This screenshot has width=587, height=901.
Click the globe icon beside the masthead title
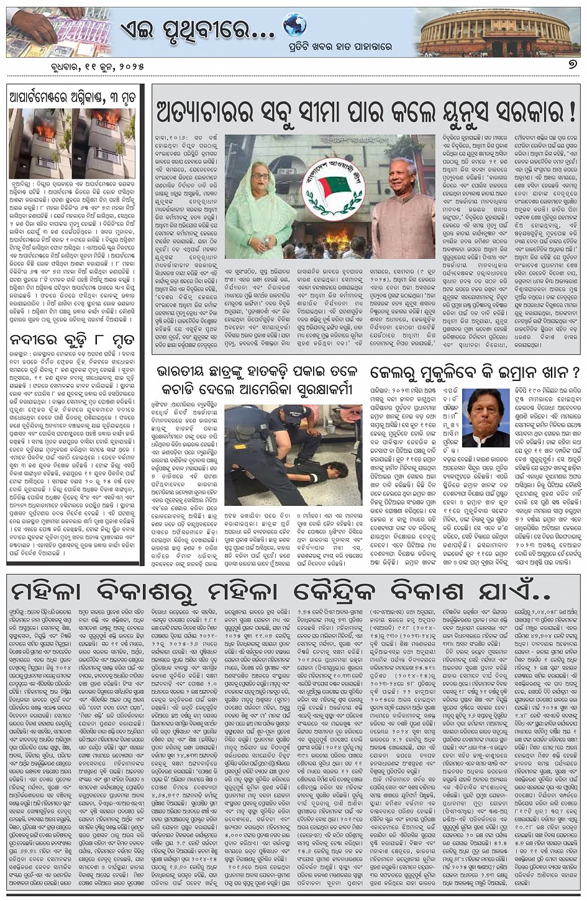[x=294, y=26]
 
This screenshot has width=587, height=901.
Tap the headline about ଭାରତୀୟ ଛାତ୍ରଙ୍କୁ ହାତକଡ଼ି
[x=257, y=380]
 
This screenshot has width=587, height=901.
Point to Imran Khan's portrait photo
[x=486, y=417]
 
